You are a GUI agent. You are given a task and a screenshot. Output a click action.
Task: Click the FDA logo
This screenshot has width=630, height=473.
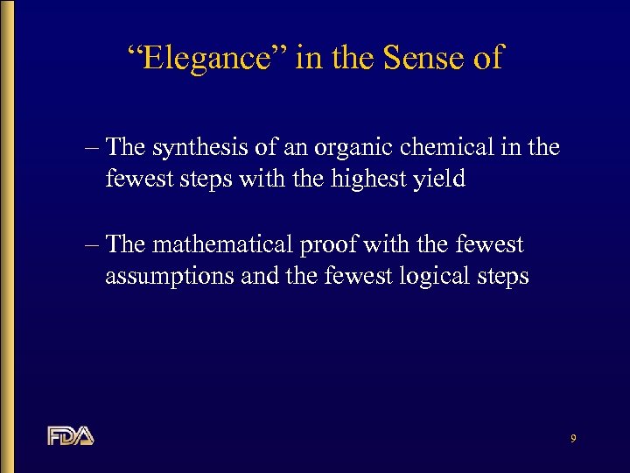tap(70, 435)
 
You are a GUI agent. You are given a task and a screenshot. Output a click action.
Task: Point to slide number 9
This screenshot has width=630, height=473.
tap(572, 438)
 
